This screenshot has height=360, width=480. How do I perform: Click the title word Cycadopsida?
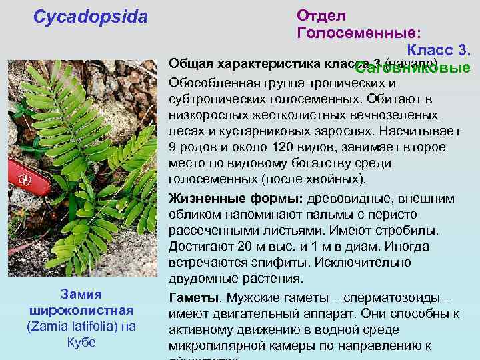coord(91,17)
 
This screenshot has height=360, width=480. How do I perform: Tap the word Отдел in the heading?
coord(321,15)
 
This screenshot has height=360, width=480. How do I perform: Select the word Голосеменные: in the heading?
coord(359,32)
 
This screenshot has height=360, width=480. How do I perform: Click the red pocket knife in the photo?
coord(30,177)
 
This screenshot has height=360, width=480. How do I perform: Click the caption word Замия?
coord(81,294)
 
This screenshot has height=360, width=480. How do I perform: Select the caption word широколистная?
coord(81,310)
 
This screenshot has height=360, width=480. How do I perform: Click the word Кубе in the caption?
coord(81,342)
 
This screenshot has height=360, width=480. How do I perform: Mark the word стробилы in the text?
coord(413,231)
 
